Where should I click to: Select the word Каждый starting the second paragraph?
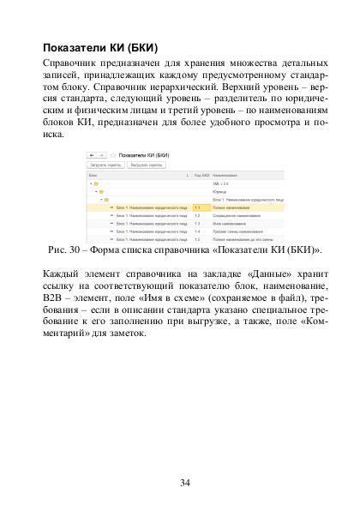click(63, 274)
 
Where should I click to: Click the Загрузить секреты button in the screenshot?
click(108, 163)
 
